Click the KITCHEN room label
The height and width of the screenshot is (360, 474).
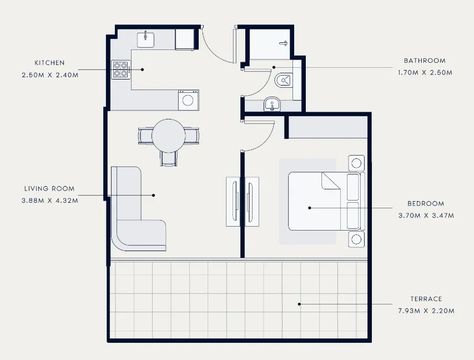(49, 63)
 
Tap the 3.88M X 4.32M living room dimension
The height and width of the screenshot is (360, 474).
(50, 201)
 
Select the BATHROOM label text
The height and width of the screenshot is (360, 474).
(425, 61)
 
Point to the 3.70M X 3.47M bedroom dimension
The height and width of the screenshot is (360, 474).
(426, 216)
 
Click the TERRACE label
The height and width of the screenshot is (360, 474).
(426, 299)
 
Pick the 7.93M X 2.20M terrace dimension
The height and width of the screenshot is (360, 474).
(426, 311)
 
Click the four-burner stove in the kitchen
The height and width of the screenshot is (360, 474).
(121, 69)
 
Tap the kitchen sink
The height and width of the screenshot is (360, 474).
(146, 40)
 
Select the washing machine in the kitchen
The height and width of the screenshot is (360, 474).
(188, 100)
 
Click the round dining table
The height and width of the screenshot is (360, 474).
(168, 136)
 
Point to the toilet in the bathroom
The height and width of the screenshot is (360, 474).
(284, 80)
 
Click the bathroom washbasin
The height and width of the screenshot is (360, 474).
(272, 104)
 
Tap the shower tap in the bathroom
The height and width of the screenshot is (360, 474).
(284, 43)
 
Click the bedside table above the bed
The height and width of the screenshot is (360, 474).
(356, 163)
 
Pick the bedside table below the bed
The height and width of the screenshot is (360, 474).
(356, 239)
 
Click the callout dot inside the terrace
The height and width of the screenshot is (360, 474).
(299, 304)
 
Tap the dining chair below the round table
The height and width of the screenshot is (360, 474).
(168, 159)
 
